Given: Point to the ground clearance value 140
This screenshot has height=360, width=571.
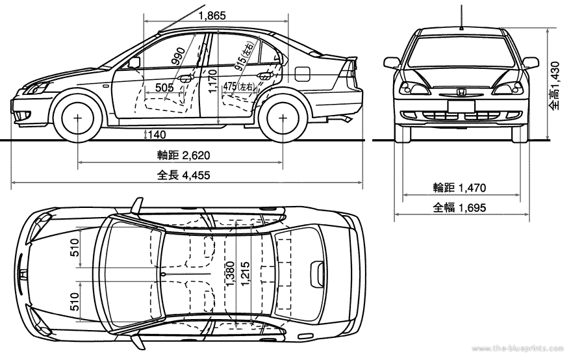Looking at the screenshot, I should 157,135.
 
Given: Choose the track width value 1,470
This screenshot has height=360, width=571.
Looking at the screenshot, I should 472,188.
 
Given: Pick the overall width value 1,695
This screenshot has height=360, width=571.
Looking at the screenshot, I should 472,208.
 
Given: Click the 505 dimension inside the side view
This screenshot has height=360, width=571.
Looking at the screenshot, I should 165,87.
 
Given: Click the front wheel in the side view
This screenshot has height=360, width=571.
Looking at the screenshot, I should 79,119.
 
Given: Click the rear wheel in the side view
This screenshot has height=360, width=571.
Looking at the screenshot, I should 283,119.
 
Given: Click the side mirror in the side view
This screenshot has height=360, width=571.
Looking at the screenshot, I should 134,62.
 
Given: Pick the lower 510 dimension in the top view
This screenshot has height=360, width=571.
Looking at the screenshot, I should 75,300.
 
